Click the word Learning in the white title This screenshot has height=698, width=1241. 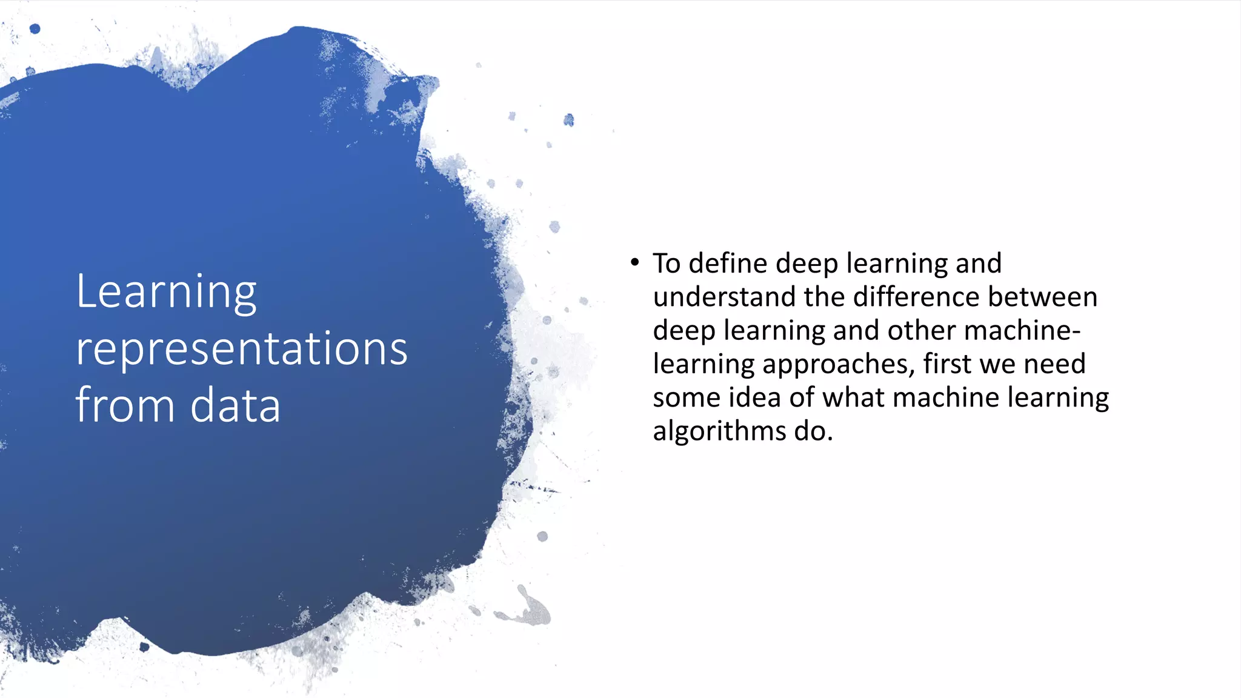pyautogui.click(x=166, y=293)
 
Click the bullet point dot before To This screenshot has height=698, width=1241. pyautogui.click(x=634, y=262)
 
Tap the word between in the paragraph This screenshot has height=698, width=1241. pyautogui.click(x=1042, y=297)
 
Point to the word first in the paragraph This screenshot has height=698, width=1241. pyautogui.click(x=948, y=364)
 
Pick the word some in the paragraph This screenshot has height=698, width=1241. pyautogui.click(x=686, y=398)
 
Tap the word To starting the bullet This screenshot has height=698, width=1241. pyautogui.click(x=667, y=264)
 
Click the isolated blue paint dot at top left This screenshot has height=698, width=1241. pyautogui.click(x=35, y=28)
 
